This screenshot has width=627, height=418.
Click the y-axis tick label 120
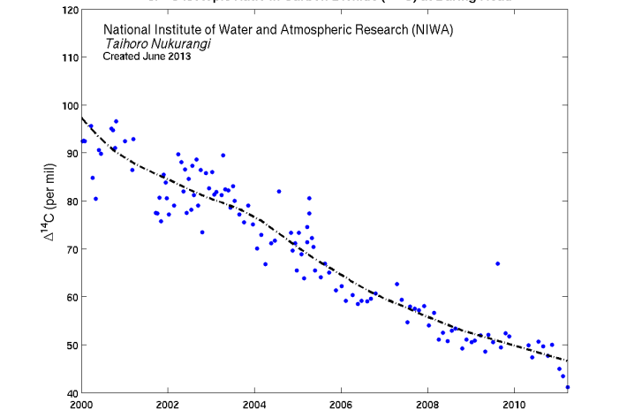pyautogui.click(x=67, y=10)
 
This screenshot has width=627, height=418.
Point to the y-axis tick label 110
pyautogui.click(x=67, y=57)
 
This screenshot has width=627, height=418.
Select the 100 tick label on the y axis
pyautogui.click(x=67, y=105)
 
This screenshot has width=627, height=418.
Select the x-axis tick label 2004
pyautogui.click(x=254, y=405)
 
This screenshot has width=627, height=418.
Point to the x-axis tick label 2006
pyautogui.click(x=341, y=405)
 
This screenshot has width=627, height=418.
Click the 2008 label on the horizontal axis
pyautogui.click(x=427, y=405)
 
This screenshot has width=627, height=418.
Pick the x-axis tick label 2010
pyautogui.click(x=514, y=405)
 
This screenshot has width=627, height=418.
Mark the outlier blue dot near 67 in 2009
pyautogui.click(x=498, y=263)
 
